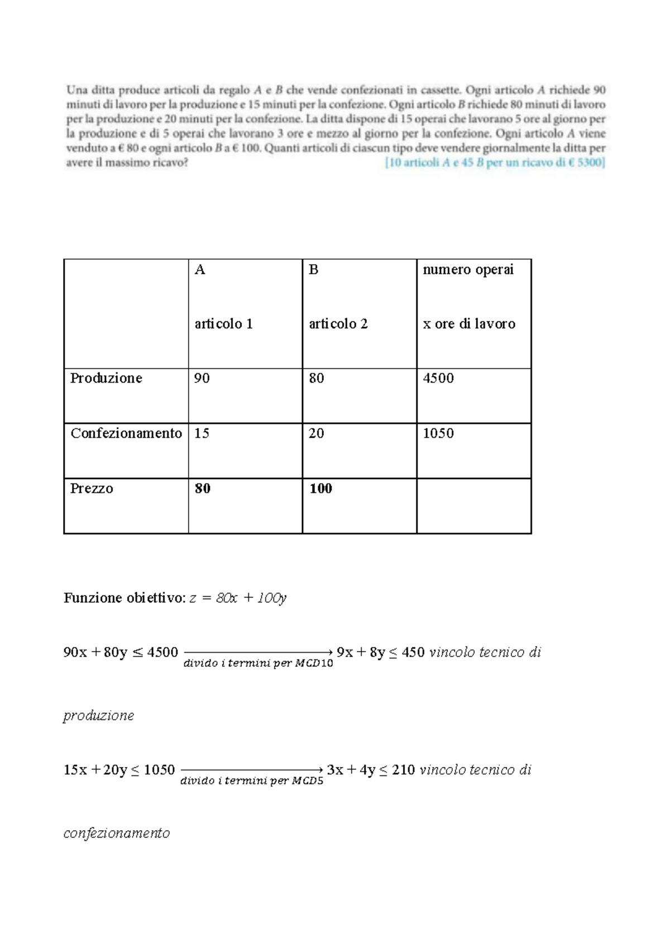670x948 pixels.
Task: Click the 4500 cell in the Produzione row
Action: (x=438, y=379)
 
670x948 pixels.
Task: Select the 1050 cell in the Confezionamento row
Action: (x=438, y=434)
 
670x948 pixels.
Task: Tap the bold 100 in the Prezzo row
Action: (x=320, y=489)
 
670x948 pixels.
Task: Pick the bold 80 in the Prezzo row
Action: (x=202, y=489)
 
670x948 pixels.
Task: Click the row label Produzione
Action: (x=106, y=379)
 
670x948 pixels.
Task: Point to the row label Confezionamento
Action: (x=126, y=434)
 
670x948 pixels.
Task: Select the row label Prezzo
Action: (x=92, y=489)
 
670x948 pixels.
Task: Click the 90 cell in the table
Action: (x=202, y=379)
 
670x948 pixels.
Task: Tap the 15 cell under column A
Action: (x=202, y=434)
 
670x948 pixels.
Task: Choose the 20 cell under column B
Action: (x=316, y=434)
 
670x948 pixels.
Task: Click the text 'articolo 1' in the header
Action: (x=223, y=324)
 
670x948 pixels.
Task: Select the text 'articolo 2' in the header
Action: (x=338, y=324)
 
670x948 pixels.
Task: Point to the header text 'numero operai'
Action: (x=468, y=270)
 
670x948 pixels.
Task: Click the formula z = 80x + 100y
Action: (x=238, y=598)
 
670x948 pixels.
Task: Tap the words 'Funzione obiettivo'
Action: (x=123, y=598)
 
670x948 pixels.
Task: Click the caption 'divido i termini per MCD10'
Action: (x=258, y=664)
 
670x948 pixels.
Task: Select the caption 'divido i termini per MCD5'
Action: (x=252, y=781)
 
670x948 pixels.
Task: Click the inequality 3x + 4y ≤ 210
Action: (x=371, y=770)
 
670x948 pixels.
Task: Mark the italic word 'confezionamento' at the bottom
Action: (x=117, y=833)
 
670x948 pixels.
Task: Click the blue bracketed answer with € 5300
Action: (x=495, y=164)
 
